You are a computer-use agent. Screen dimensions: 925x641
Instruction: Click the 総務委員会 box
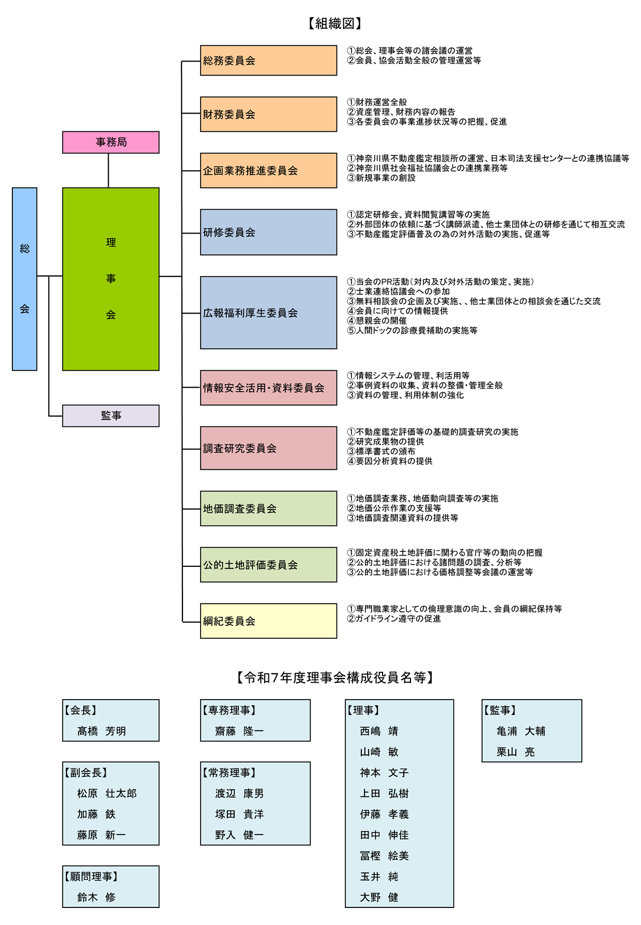point(268,60)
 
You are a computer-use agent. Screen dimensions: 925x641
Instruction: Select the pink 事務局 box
point(111,142)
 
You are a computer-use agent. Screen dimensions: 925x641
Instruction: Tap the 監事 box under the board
point(111,415)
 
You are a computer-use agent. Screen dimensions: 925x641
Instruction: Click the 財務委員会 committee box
point(268,114)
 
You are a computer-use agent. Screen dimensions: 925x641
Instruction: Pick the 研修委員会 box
point(268,232)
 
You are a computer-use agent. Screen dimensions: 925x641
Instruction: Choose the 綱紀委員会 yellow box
point(268,621)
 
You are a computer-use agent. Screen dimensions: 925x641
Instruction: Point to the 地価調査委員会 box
point(268,508)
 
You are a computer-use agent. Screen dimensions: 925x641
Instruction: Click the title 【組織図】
point(334,23)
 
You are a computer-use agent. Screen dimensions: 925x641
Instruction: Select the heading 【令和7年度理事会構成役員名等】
point(334,677)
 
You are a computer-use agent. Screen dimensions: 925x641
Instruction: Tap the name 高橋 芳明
point(101,731)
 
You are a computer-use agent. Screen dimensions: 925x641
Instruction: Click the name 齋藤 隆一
point(239,731)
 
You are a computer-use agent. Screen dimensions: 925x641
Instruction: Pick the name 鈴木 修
point(96,897)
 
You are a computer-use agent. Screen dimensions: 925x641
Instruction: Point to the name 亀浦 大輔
point(521,731)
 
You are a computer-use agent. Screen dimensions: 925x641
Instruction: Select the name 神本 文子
point(384,773)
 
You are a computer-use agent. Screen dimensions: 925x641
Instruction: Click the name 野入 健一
point(239,835)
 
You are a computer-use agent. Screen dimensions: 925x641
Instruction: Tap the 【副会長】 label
point(86,773)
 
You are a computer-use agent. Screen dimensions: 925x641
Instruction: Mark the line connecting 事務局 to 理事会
point(109,171)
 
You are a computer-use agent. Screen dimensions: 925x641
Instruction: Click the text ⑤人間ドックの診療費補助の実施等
point(412,330)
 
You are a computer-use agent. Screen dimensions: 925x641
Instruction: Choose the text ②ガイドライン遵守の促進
point(394,619)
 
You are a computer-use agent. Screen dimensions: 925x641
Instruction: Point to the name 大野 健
point(379,897)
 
